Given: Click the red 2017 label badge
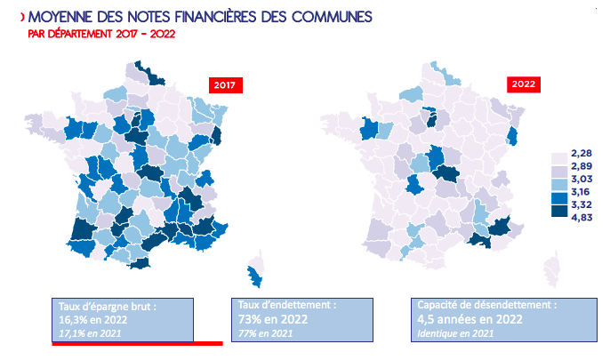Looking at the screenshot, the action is click(x=226, y=85).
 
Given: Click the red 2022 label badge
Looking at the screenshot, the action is click(x=523, y=84).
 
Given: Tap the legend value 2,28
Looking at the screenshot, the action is click(x=582, y=153).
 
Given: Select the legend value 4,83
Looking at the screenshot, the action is click(x=582, y=217).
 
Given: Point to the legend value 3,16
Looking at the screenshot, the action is click(x=581, y=192).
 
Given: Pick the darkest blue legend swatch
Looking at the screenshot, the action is click(x=559, y=211).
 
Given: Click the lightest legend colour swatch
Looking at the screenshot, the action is click(x=559, y=159).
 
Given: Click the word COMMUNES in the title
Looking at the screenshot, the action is click(x=332, y=17).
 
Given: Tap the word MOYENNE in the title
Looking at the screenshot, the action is click(x=60, y=17).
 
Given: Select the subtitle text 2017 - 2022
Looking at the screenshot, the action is click(x=145, y=34).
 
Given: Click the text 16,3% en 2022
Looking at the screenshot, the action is click(x=93, y=320).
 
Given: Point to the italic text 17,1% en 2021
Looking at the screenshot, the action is click(x=90, y=333).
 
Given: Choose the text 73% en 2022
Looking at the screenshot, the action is click(x=273, y=319).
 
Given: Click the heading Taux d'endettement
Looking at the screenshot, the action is click(x=287, y=305).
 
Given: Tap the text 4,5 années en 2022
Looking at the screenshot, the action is click(x=470, y=319).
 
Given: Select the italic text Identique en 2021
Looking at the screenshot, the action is click(x=455, y=333).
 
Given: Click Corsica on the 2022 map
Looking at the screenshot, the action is click(x=552, y=269).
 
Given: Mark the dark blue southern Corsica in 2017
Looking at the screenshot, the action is click(x=255, y=276).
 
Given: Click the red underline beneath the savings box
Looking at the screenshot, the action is click(x=137, y=344).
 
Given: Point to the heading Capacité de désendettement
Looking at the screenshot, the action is click(x=487, y=305).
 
